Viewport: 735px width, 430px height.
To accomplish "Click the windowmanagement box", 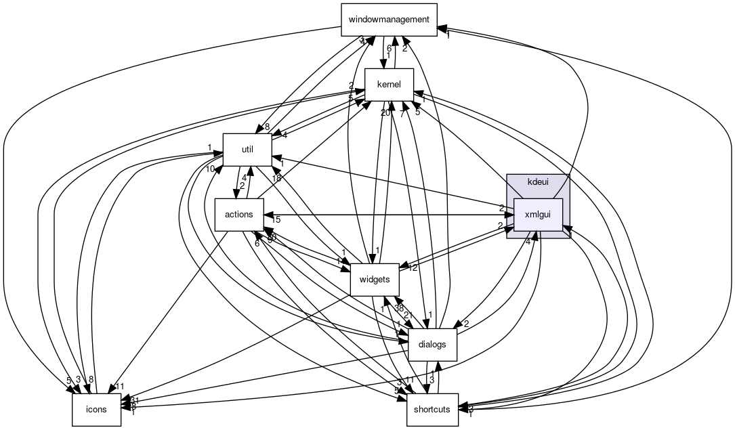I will click(x=388, y=19).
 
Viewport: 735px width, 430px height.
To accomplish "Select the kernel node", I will click(x=389, y=85).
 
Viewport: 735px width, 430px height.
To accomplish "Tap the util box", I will click(x=247, y=150).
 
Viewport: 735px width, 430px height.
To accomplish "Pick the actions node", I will click(x=238, y=215).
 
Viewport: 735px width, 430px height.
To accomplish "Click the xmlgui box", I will click(x=538, y=215).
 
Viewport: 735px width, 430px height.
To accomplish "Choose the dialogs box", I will click(x=432, y=344).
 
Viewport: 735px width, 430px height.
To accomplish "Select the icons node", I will click(x=96, y=410).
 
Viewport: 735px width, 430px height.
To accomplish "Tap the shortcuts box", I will click(x=432, y=410).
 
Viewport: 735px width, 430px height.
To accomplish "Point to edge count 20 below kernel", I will click(x=385, y=112).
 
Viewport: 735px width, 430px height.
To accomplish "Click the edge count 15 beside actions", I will click(x=276, y=219).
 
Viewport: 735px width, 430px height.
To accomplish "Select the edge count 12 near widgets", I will click(x=413, y=267).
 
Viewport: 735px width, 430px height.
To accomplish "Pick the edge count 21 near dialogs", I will click(x=408, y=316).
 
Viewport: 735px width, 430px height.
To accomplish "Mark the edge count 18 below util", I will click(x=277, y=178).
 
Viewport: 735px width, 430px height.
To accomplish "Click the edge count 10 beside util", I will click(x=211, y=169).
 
